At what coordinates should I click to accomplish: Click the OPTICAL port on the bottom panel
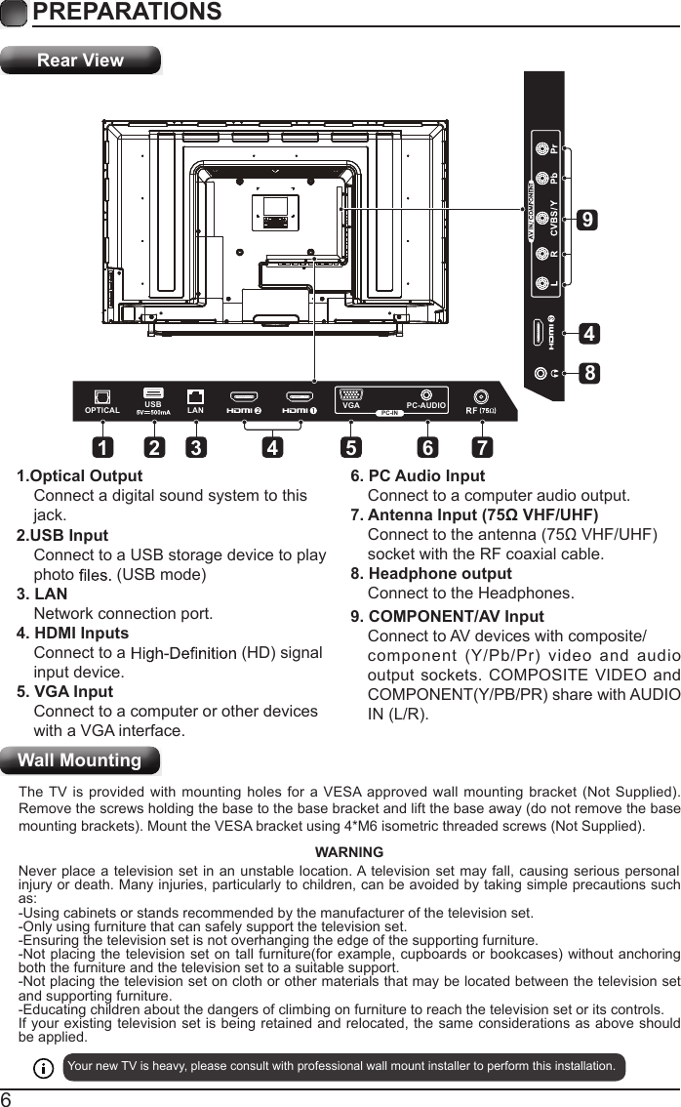[x=101, y=396]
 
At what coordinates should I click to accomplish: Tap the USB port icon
[x=153, y=393]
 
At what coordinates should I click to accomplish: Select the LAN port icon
[x=196, y=396]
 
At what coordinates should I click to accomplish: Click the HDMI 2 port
[x=244, y=397]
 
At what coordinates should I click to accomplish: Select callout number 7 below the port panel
[x=480, y=448]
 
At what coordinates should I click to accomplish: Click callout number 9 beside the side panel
[x=586, y=221]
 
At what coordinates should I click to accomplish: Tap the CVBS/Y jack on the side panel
[x=542, y=216]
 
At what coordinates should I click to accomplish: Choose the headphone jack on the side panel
[x=542, y=372]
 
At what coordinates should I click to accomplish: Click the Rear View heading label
[x=80, y=61]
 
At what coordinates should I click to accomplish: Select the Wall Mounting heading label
[x=80, y=760]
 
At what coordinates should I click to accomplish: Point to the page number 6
[x=9, y=1097]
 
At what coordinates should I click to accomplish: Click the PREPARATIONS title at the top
[x=127, y=12]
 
